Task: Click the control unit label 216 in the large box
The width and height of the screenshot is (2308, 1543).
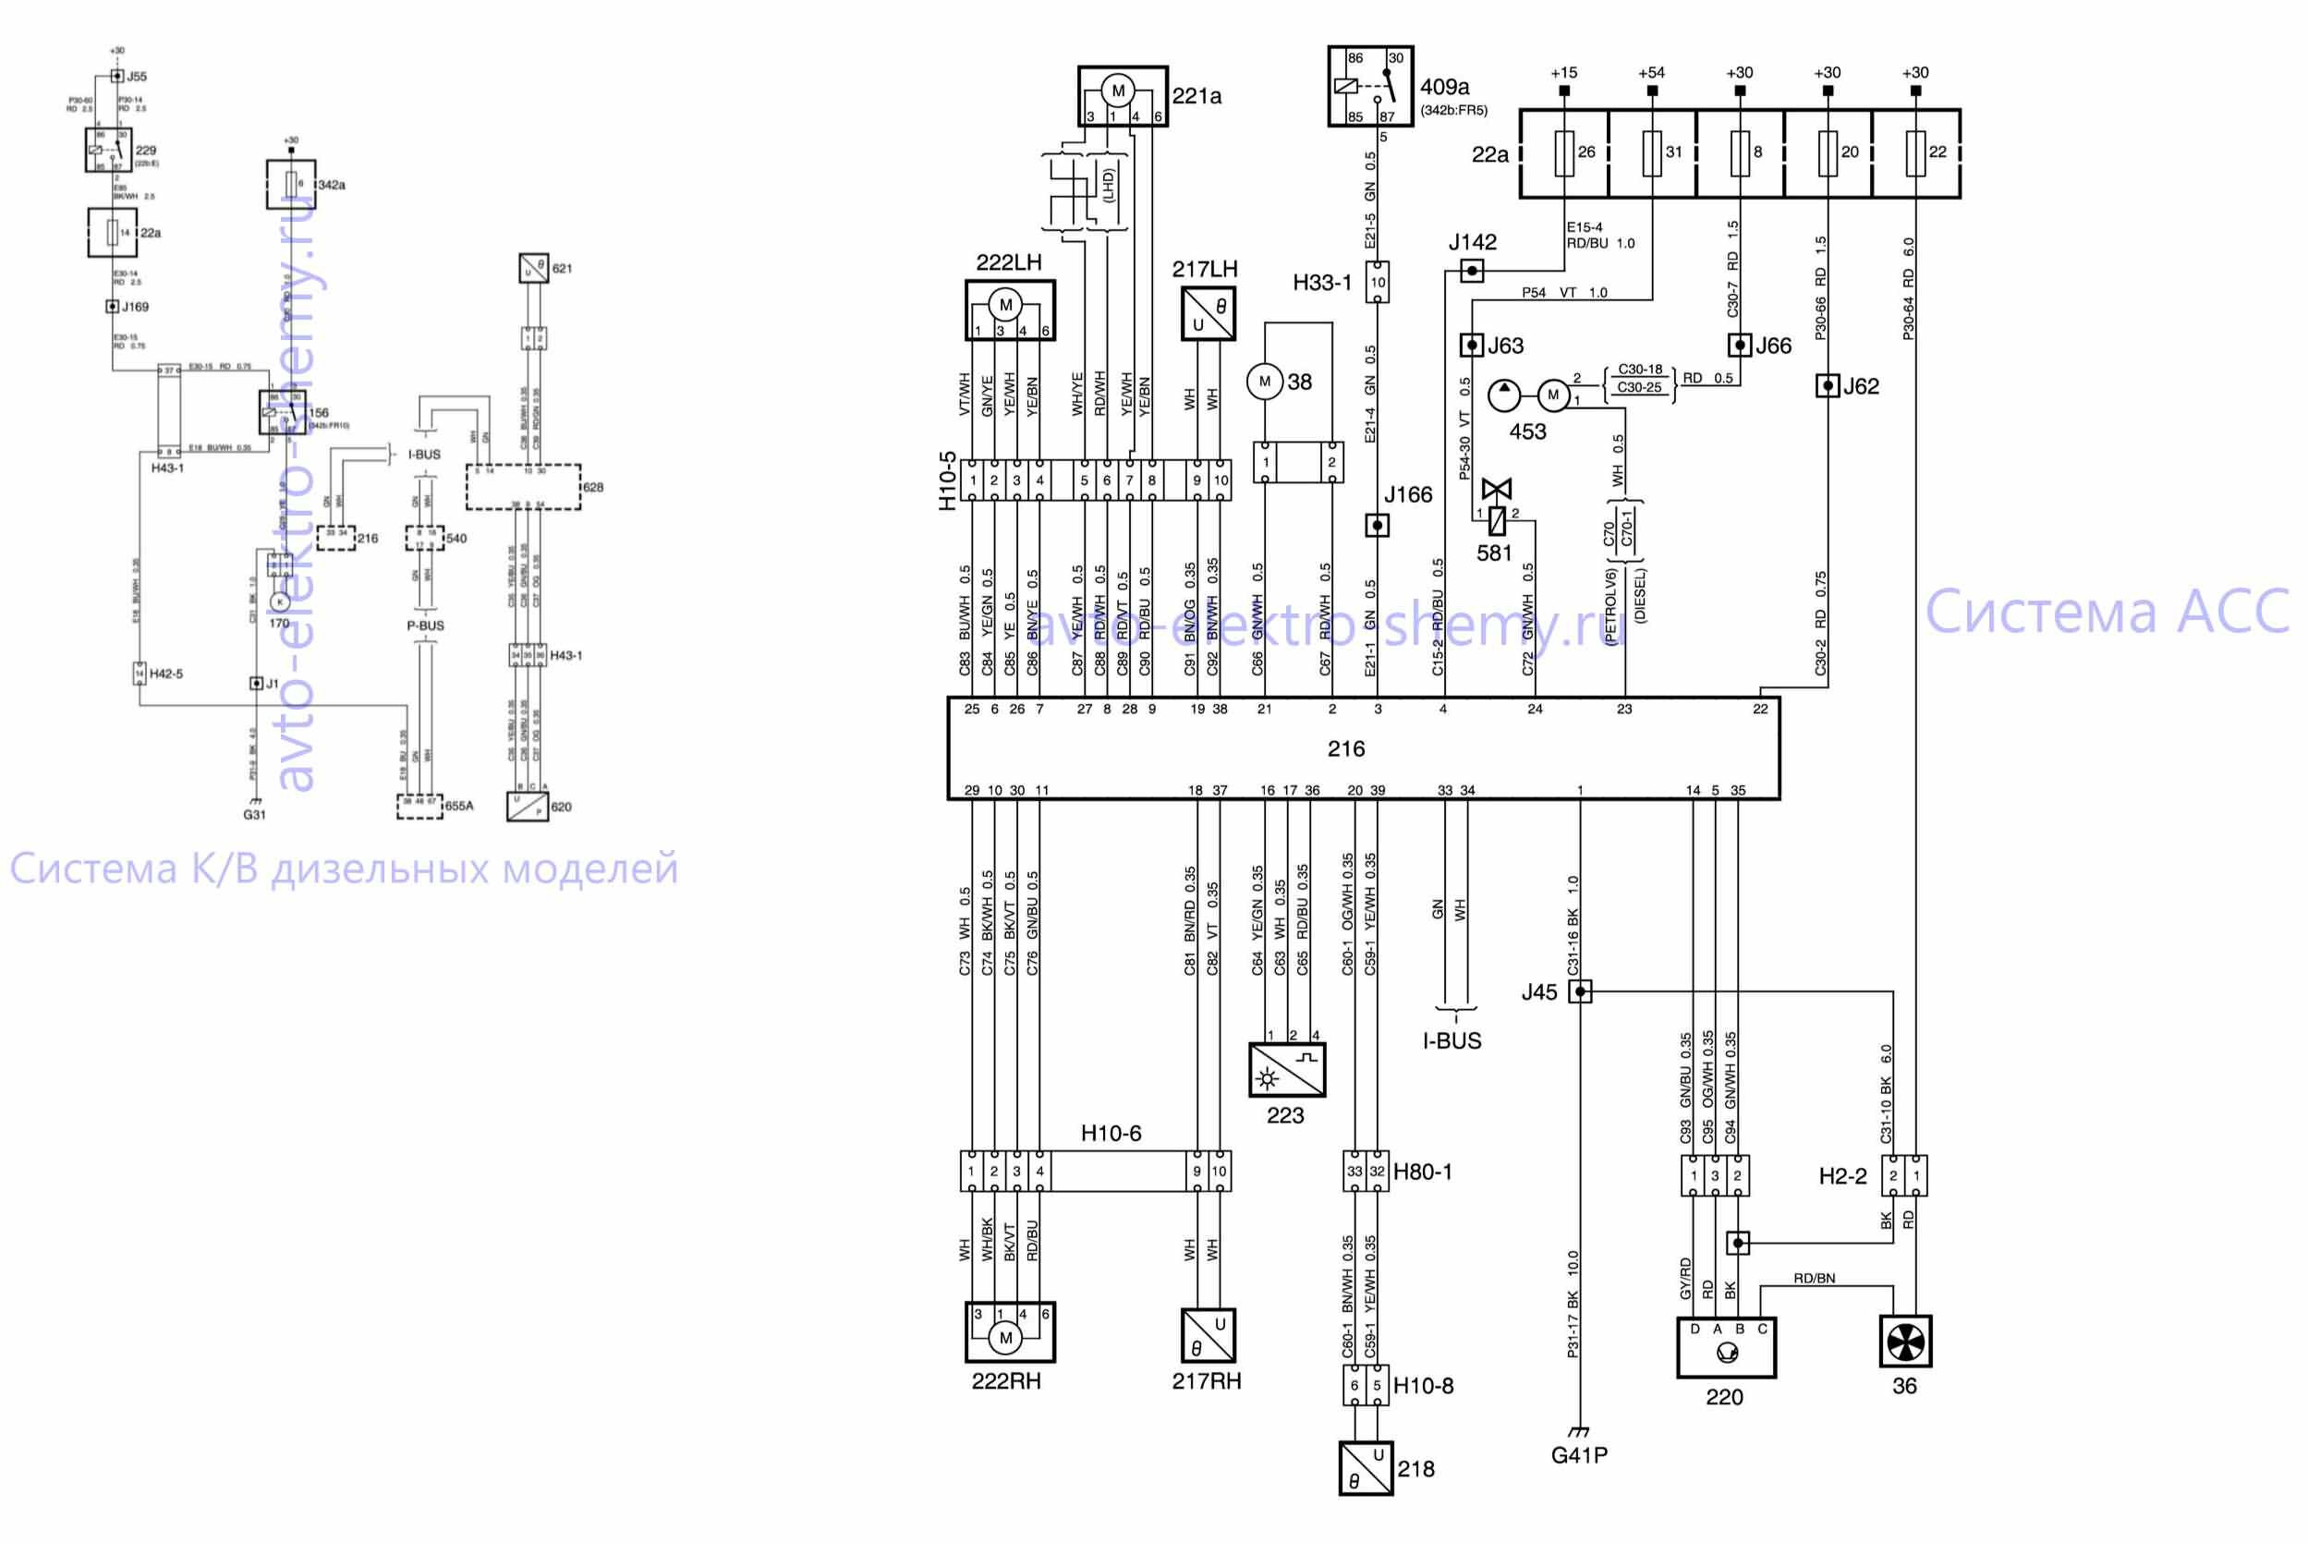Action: [x=1345, y=749]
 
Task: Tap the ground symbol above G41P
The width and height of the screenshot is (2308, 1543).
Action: [x=1579, y=1431]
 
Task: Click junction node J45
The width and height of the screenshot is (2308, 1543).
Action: [x=1580, y=991]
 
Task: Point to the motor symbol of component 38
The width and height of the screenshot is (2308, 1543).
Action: [x=1264, y=382]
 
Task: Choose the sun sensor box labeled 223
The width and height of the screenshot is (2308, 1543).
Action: [x=1286, y=1070]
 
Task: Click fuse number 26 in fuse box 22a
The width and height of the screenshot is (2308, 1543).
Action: [x=1564, y=152]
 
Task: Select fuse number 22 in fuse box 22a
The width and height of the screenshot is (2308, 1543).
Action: [x=1915, y=152]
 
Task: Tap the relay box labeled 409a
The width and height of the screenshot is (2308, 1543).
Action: [x=1369, y=86]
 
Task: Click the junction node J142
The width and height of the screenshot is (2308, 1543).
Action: [x=1471, y=270]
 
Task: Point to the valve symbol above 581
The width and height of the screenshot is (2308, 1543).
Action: [x=1497, y=489]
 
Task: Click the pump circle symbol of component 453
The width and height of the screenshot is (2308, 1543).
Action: [x=1503, y=395]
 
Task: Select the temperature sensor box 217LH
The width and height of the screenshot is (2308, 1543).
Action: [x=1209, y=314]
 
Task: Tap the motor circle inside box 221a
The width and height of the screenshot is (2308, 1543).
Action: [x=1118, y=91]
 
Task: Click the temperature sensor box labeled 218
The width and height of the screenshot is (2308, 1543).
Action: [x=1366, y=1468]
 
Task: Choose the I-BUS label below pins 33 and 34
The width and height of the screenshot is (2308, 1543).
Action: [x=1452, y=1041]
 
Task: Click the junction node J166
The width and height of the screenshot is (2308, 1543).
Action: [x=1378, y=526]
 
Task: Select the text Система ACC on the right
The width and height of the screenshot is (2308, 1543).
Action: [x=2107, y=612]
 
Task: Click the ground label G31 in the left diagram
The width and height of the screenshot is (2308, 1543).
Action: [x=254, y=815]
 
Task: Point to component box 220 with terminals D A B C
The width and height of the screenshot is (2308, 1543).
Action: [x=1726, y=1347]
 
